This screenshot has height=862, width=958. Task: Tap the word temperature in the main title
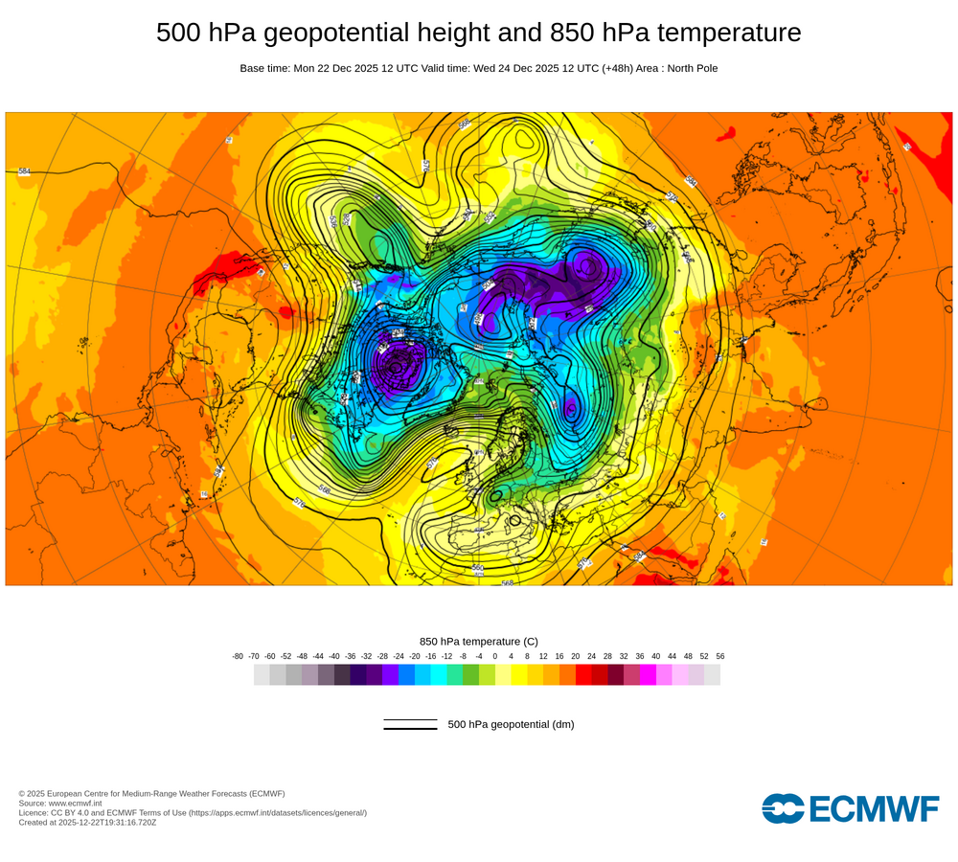(x=726, y=33)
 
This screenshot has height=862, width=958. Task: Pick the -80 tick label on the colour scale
(x=238, y=656)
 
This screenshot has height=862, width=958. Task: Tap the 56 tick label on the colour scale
(x=719, y=656)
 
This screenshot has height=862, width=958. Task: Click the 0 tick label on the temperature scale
(x=495, y=656)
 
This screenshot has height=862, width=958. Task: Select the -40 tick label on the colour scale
(x=334, y=656)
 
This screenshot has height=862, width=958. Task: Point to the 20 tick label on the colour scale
(x=576, y=656)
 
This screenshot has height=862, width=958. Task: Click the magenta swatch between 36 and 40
(x=648, y=675)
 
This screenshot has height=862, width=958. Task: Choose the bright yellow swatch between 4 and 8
(x=519, y=675)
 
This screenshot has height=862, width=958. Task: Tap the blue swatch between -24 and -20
(x=406, y=675)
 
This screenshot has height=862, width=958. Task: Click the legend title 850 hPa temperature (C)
(x=479, y=641)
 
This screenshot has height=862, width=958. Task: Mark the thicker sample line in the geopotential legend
(x=410, y=729)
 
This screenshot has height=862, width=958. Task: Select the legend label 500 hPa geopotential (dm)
(x=511, y=724)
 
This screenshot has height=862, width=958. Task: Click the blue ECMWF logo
(x=850, y=808)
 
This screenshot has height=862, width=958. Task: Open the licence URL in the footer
(x=277, y=812)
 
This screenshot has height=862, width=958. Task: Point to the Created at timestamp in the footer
(x=87, y=822)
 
